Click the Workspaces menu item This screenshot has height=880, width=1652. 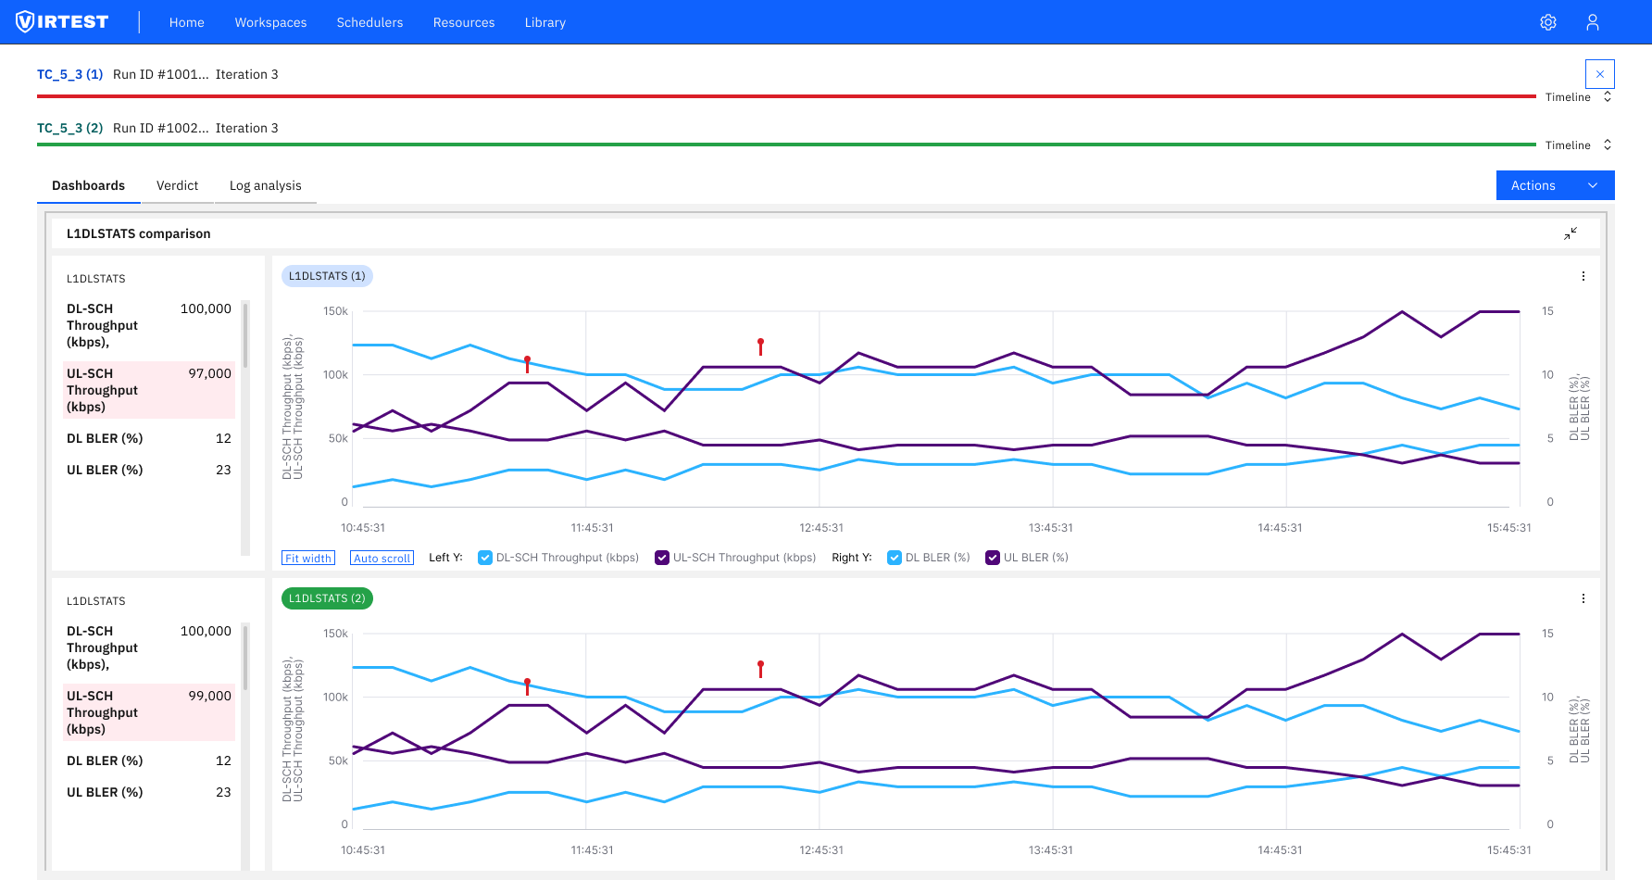270,22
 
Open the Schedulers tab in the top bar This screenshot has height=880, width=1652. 369,22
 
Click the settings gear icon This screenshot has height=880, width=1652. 1548,22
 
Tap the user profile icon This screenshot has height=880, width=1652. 1593,22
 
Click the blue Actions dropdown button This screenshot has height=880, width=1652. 1555,185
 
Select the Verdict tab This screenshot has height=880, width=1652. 177,185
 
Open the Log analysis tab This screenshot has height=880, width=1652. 265,185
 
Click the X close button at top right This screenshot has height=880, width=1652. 1599,74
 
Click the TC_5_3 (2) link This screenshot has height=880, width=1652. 69,128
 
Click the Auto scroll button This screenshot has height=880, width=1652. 382,558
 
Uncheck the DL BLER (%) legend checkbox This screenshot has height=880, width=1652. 895,558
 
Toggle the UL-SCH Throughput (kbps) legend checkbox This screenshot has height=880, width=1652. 662,558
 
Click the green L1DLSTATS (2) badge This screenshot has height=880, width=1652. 327,598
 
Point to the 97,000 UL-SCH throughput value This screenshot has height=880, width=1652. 209,373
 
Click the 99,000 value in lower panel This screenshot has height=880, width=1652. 209,696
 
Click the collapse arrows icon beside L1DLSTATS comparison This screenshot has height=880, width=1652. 1571,233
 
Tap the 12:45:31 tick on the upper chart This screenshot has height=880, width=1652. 821,528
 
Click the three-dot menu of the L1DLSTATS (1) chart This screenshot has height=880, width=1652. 1583,276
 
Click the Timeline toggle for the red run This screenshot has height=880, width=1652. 1578,97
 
